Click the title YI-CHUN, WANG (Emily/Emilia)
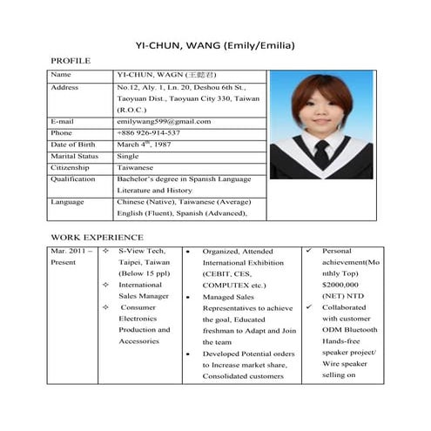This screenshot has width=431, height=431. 215,44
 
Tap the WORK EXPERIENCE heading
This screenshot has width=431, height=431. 97,236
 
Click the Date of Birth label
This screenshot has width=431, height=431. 77,144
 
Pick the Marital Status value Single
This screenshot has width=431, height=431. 128,156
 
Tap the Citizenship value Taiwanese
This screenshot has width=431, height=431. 137,167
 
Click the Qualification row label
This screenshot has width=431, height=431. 73,178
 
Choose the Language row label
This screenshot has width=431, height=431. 68,201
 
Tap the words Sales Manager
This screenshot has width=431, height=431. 144,296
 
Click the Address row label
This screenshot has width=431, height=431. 65,88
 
